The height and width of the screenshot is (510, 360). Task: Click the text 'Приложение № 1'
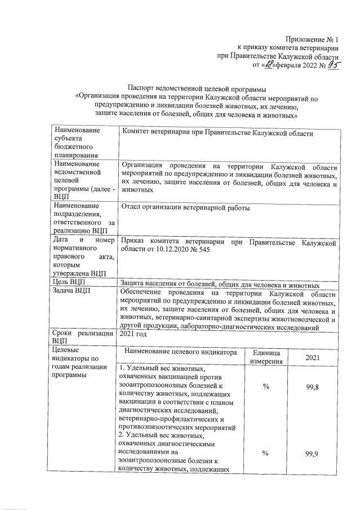pyautogui.click(x=312, y=39)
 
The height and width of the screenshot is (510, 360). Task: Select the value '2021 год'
pyautogui.click(x=135, y=334)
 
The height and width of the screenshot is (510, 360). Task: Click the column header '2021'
pyautogui.click(x=313, y=358)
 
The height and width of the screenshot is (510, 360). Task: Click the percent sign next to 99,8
pyautogui.click(x=265, y=387)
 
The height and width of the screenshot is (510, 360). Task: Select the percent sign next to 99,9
pyautogui.click(x=265, y=456)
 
